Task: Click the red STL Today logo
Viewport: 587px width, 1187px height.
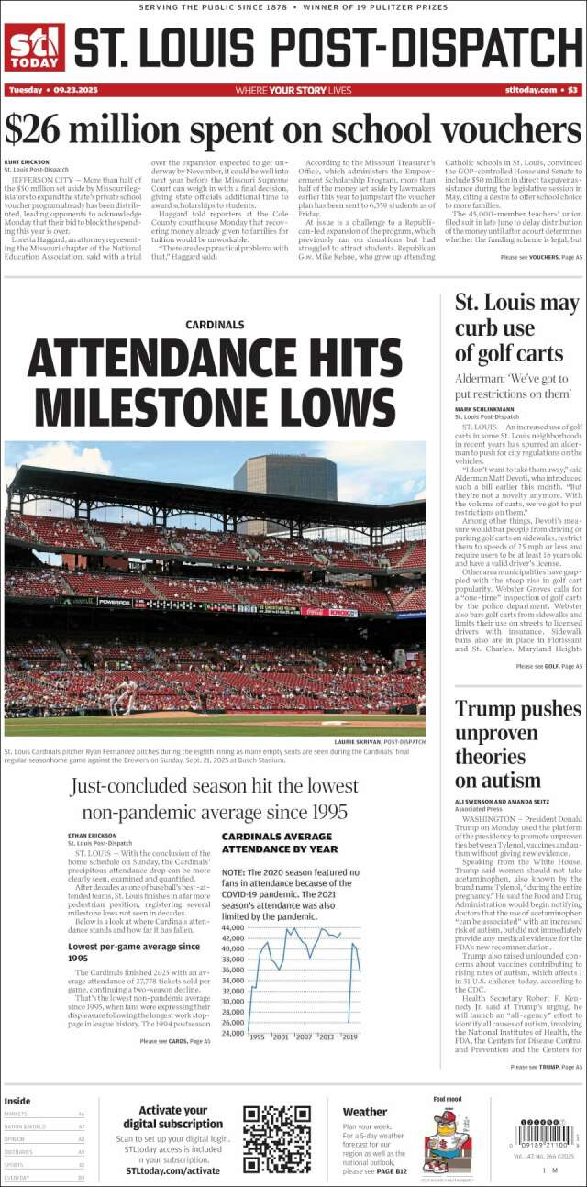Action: [35, 47]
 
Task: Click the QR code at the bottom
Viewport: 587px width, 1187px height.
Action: [277, 1140]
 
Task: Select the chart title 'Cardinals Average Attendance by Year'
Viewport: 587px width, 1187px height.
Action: [277, 843]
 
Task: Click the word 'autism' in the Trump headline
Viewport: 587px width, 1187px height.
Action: [497, 781]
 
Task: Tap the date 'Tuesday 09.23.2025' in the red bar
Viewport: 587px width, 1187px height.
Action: [52, 90]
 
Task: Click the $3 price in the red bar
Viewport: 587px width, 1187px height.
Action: [572, 90]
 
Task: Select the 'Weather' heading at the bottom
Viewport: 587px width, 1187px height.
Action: [365, 1113]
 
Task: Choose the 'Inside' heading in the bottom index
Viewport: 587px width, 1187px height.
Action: [17, 1101]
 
